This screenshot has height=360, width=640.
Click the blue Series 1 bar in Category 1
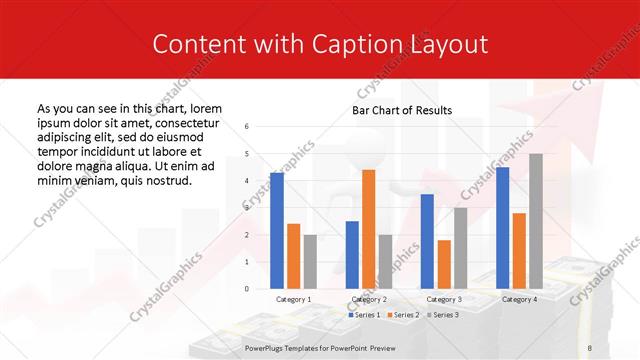pyautogui.click(x=277, y=231)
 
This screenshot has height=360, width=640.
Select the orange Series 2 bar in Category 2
pyautogui.click(x=368, y=229)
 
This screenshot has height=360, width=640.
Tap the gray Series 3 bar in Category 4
pyautogui.click(x=535, y=221)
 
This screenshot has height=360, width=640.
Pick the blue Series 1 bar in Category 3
pyautogui.click(x=427, y=241)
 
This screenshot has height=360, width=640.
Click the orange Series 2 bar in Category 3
pyautogui.click(x=444, y=264)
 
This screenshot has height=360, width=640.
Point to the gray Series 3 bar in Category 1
pyautogui.click(x=309, y=262)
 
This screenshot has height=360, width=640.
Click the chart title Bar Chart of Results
pyautogui.click(x=402, y=110)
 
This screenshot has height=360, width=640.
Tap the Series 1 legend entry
pyautogui.click(x=363, y=315)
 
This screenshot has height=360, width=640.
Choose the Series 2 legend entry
pyautogui.click(x=403, y=315)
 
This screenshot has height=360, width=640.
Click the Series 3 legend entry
pyautogui.click(x=443, y=315)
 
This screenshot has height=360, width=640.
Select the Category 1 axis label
pyautogui.click(x=293, y=299)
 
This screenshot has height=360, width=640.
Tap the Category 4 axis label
pyautogui.click(x=518, y=299)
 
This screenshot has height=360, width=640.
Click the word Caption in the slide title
pyautogui.click(x=362, y=45)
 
